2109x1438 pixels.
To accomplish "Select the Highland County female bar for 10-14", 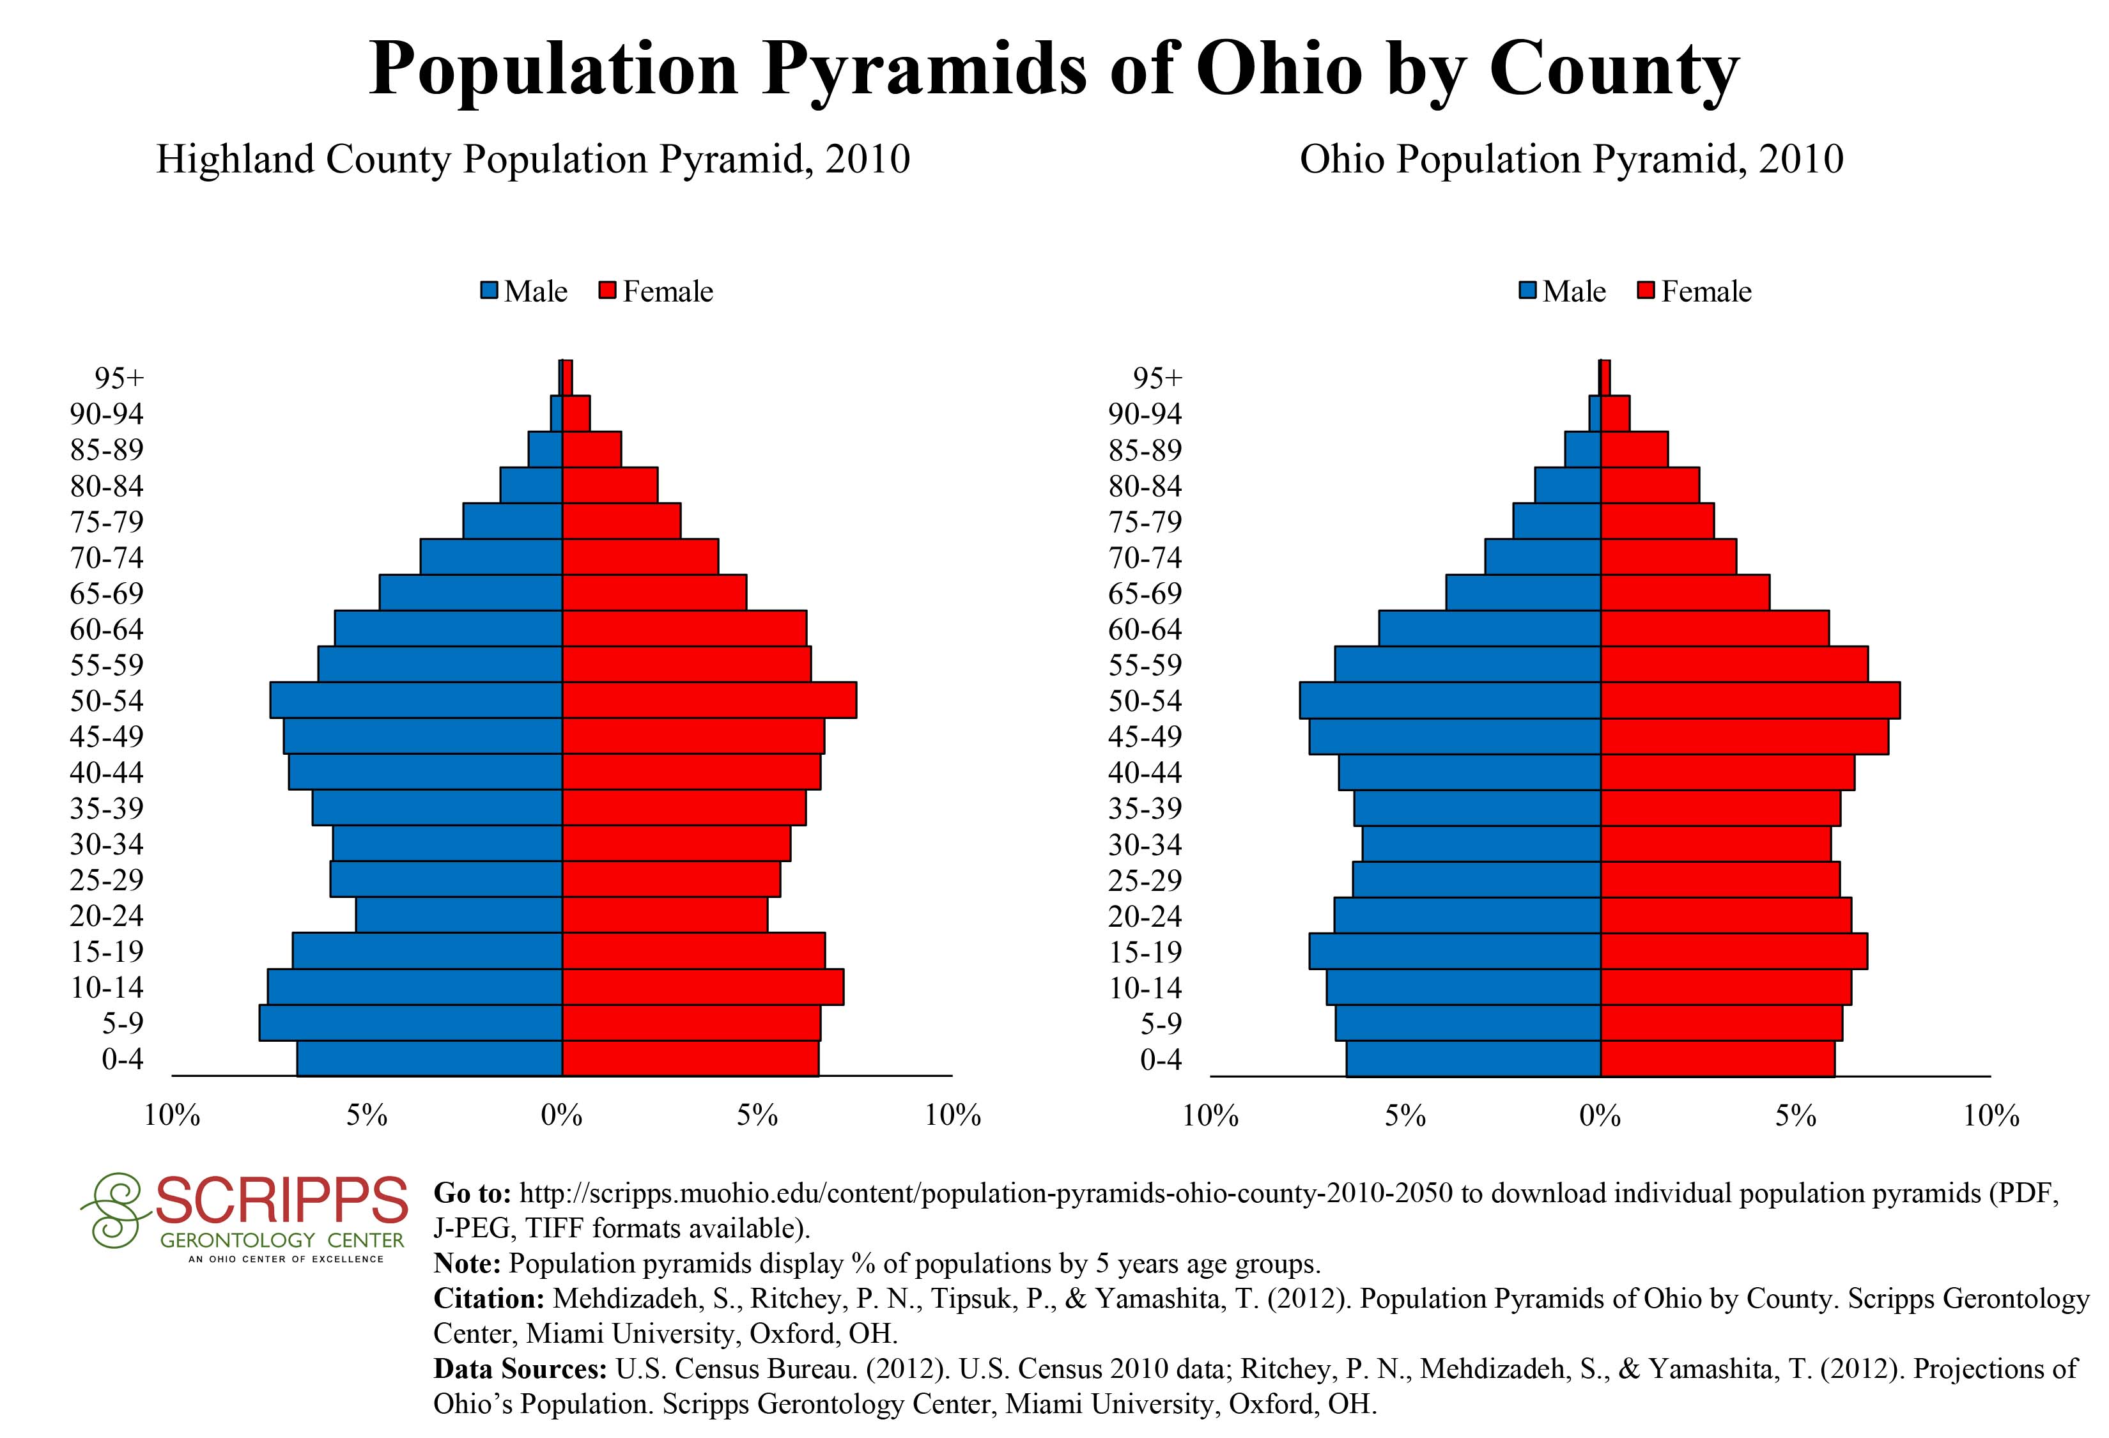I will (x=702, y=987).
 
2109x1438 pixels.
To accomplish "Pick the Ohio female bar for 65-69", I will (x=1684, y=593).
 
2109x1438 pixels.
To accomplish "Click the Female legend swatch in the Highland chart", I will (x=607, y=291).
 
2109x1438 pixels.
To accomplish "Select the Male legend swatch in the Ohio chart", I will (x=1527, y=291).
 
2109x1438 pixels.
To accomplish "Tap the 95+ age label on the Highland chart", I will (x=119, y=378).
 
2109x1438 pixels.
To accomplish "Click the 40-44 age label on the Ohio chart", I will (x=1145, y=773).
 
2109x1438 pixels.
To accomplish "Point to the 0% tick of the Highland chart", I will (x=562, y=1115).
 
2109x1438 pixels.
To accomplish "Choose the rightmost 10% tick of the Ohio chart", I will (x=1991, y=1115).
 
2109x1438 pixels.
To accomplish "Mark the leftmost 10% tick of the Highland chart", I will (x=173, y=1115).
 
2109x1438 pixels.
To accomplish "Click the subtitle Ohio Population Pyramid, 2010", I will (x=1571, y=160).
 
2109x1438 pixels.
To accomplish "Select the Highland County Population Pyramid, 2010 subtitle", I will (x=533, y=160).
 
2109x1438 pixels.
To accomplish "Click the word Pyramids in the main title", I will (x=924, y=69).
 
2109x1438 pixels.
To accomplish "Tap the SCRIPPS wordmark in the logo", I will (x=281, y=1200).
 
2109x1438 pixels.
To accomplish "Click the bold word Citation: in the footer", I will (x=489, y=1298).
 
